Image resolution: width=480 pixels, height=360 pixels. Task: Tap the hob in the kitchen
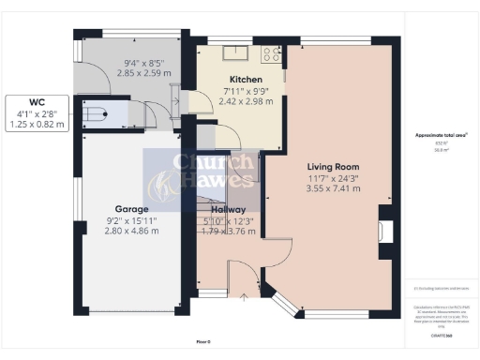click(x=271, y=54)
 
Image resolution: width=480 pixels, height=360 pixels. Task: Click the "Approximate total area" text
click(x=440, y=135)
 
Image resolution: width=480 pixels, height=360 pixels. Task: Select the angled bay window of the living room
click(x=283, y=302)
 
